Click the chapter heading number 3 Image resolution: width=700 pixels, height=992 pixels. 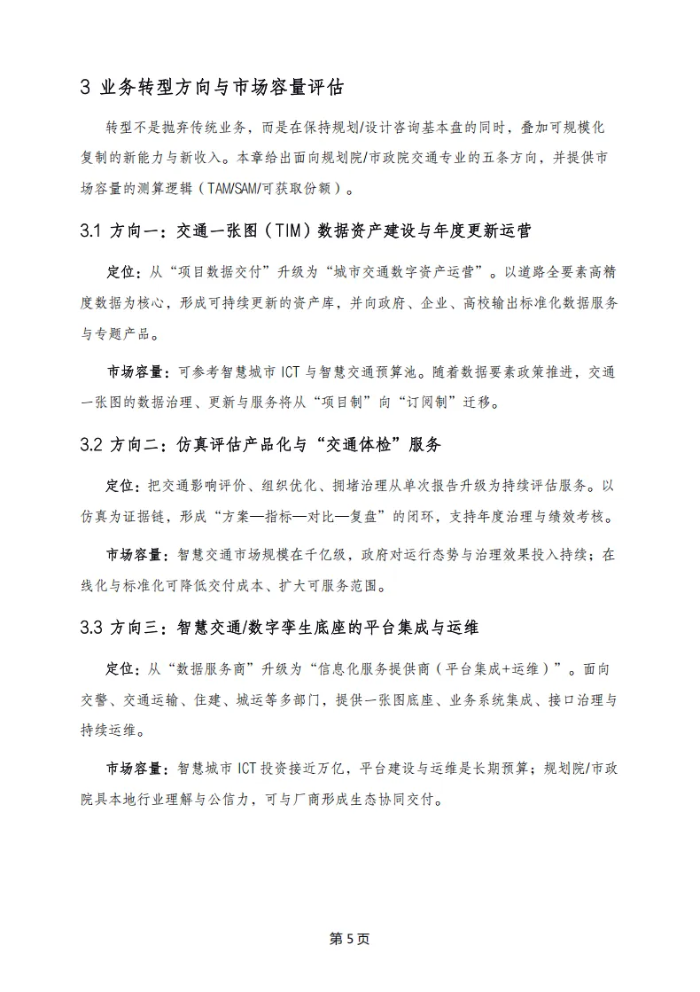pyautogui.click(x=85, y=88)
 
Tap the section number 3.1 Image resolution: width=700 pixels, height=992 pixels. pyautogui.click(x=91, y=231)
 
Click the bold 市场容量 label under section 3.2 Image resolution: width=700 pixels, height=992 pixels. pyautogui.click(x=133, y=555)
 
